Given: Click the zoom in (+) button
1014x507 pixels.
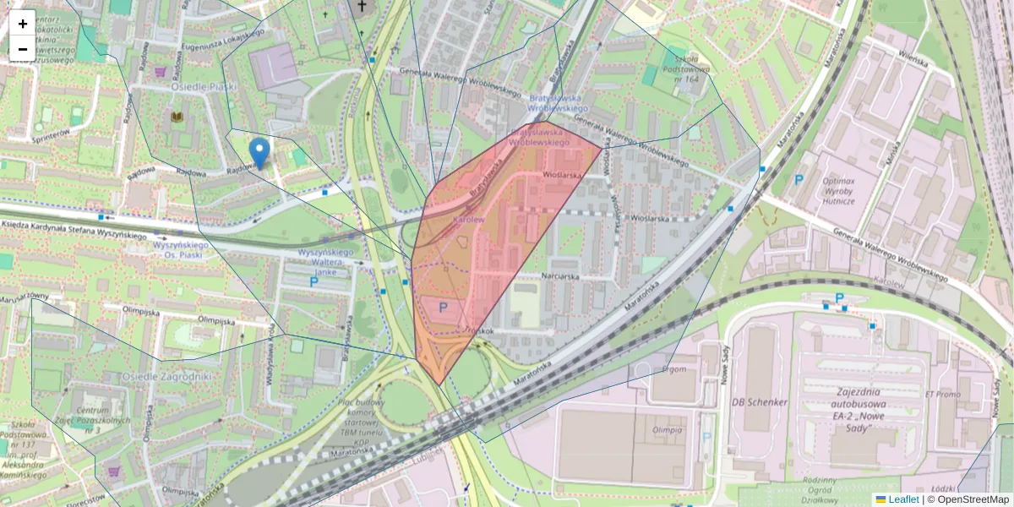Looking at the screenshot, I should tap(23, 24).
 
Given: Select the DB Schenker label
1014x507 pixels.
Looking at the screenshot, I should tap(760, 402).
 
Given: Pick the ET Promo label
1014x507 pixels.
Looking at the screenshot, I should tap(942, 394).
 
